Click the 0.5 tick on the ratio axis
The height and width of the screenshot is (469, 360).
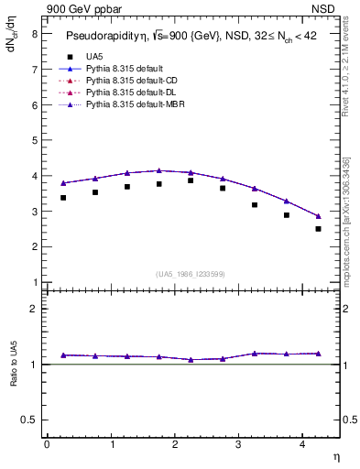click(x=29, y=420)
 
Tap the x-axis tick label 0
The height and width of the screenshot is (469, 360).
click(x=47, y=444)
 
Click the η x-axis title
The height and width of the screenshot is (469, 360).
click(x=335, y=455)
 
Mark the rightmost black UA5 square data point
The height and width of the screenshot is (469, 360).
click(x=318, y=229)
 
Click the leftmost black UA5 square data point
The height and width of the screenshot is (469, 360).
click(x=63, y=198)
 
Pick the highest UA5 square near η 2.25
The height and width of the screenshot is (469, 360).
click(x=191, y=180)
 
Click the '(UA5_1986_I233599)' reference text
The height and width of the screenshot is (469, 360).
click(x=191, y=275)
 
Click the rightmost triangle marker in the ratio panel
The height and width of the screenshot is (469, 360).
click(x=318, y=354)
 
